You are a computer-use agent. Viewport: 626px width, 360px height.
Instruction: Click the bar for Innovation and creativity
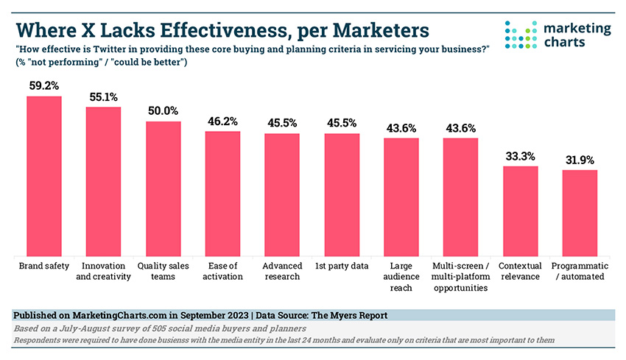pyautogui.click(x=103, y=180)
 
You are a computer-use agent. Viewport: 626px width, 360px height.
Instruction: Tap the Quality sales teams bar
pyautogui.click(x=163, y=187)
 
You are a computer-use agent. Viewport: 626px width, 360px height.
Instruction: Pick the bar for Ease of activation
pyautogui.click(x=222, y=192)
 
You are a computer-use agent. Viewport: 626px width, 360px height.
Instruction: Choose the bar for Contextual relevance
pyautogui.click(x=520, y=210)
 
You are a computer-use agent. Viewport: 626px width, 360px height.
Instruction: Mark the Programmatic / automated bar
pyautogui.click(x=580, y=212)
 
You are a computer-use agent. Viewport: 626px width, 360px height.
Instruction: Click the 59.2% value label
pyautogui.click(x=44, y=85)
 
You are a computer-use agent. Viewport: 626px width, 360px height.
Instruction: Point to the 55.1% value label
pyautogui.click(x=103, y=96)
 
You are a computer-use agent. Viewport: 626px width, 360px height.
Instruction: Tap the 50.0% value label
pyautogui.click(x=163, y=110)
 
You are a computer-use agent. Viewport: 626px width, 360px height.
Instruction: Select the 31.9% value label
pyautogui.click(x=580, y=160)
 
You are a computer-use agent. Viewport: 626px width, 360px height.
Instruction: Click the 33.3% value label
pyautogui.click(x=520, y=156)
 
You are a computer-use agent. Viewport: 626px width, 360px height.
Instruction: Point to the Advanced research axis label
pyautogui.click(x=281, y=270)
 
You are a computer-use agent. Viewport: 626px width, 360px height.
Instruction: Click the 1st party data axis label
pyautogui.click(x=341, y=265)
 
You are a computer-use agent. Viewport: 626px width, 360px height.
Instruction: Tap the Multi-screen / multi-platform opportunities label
pyautogui.click(x=460, y=275)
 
